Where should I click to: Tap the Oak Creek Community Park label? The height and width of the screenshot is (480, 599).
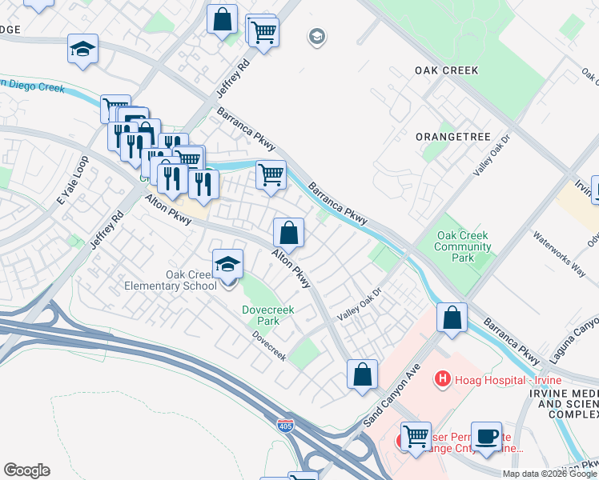(x=463, y=247)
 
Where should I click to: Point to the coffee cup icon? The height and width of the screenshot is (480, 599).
(x=485, y=437)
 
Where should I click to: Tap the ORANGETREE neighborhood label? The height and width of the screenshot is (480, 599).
(x=452, y=137)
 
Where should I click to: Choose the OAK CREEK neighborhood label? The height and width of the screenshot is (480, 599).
(x=446, y=70)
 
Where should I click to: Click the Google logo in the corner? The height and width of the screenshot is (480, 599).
(x=26, y=470)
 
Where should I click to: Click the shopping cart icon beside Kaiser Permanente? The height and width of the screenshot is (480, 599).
(x=416, y=437)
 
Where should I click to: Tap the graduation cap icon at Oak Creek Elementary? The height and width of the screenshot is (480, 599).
(x=228, y=263)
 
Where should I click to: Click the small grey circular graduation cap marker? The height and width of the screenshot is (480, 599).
(x=317, y=37)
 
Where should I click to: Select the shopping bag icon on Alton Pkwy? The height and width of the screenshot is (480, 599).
(x=288, y=233)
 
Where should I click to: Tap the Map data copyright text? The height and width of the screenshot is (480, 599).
(x=549, y=474)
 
